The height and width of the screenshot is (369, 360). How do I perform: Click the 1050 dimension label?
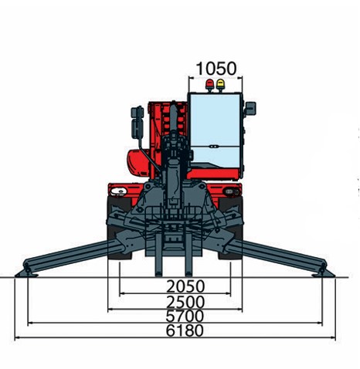click(216, 69)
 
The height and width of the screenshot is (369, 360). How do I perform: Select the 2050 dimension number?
click(185, 286)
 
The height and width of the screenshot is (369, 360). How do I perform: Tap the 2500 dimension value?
click(185, 302)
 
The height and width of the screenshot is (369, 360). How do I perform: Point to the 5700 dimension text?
click(185, 316)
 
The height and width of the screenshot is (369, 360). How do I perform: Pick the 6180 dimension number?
click(185, 330)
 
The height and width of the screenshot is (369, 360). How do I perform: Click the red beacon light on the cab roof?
click(209, 85)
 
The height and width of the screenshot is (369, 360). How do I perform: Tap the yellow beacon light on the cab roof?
click(220, 85)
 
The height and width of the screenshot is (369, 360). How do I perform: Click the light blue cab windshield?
click(216, 130)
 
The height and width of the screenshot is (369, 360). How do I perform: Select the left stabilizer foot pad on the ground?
click(26, 274)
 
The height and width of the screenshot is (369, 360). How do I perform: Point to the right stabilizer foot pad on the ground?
click(324, 274)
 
